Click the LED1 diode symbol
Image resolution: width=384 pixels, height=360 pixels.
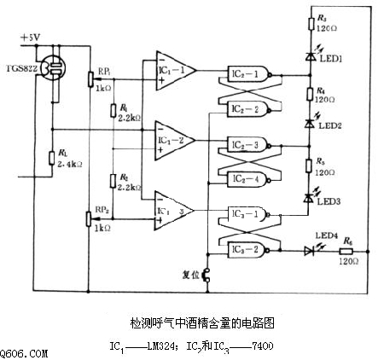tap(309, 56)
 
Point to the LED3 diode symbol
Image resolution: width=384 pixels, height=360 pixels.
tap(309, 197)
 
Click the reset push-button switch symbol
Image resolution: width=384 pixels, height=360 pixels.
tap(205, 276)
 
